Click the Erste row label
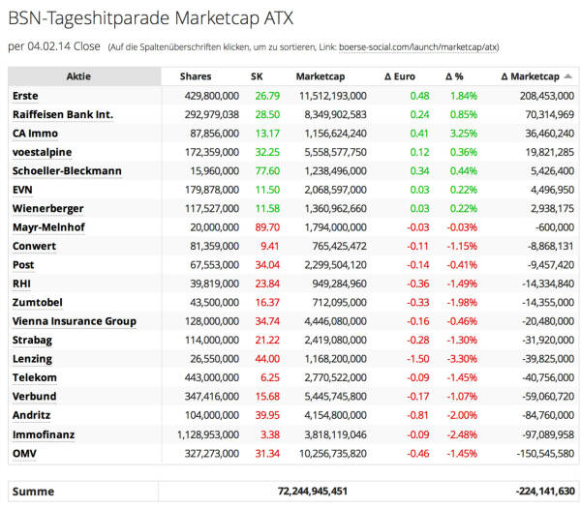pyautogui.click(x=25, y=96)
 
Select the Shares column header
pyautogui.click(x=202, y=76)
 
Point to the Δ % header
pyautogui.click(x=455, y=76)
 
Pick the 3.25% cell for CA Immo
pyautogui.click(x=464, y=134)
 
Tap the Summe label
pyautogui.click(x=33, y=492)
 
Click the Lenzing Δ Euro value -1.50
pyautogui.click(x=418, y=359)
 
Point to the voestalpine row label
pyautogui.click(x=42, y=152)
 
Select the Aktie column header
pyautogui.click(x=79, y=76)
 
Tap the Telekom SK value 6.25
pyautogui.click(x=270, y=378)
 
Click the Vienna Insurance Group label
pyautogui.click(x=74, y=321)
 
